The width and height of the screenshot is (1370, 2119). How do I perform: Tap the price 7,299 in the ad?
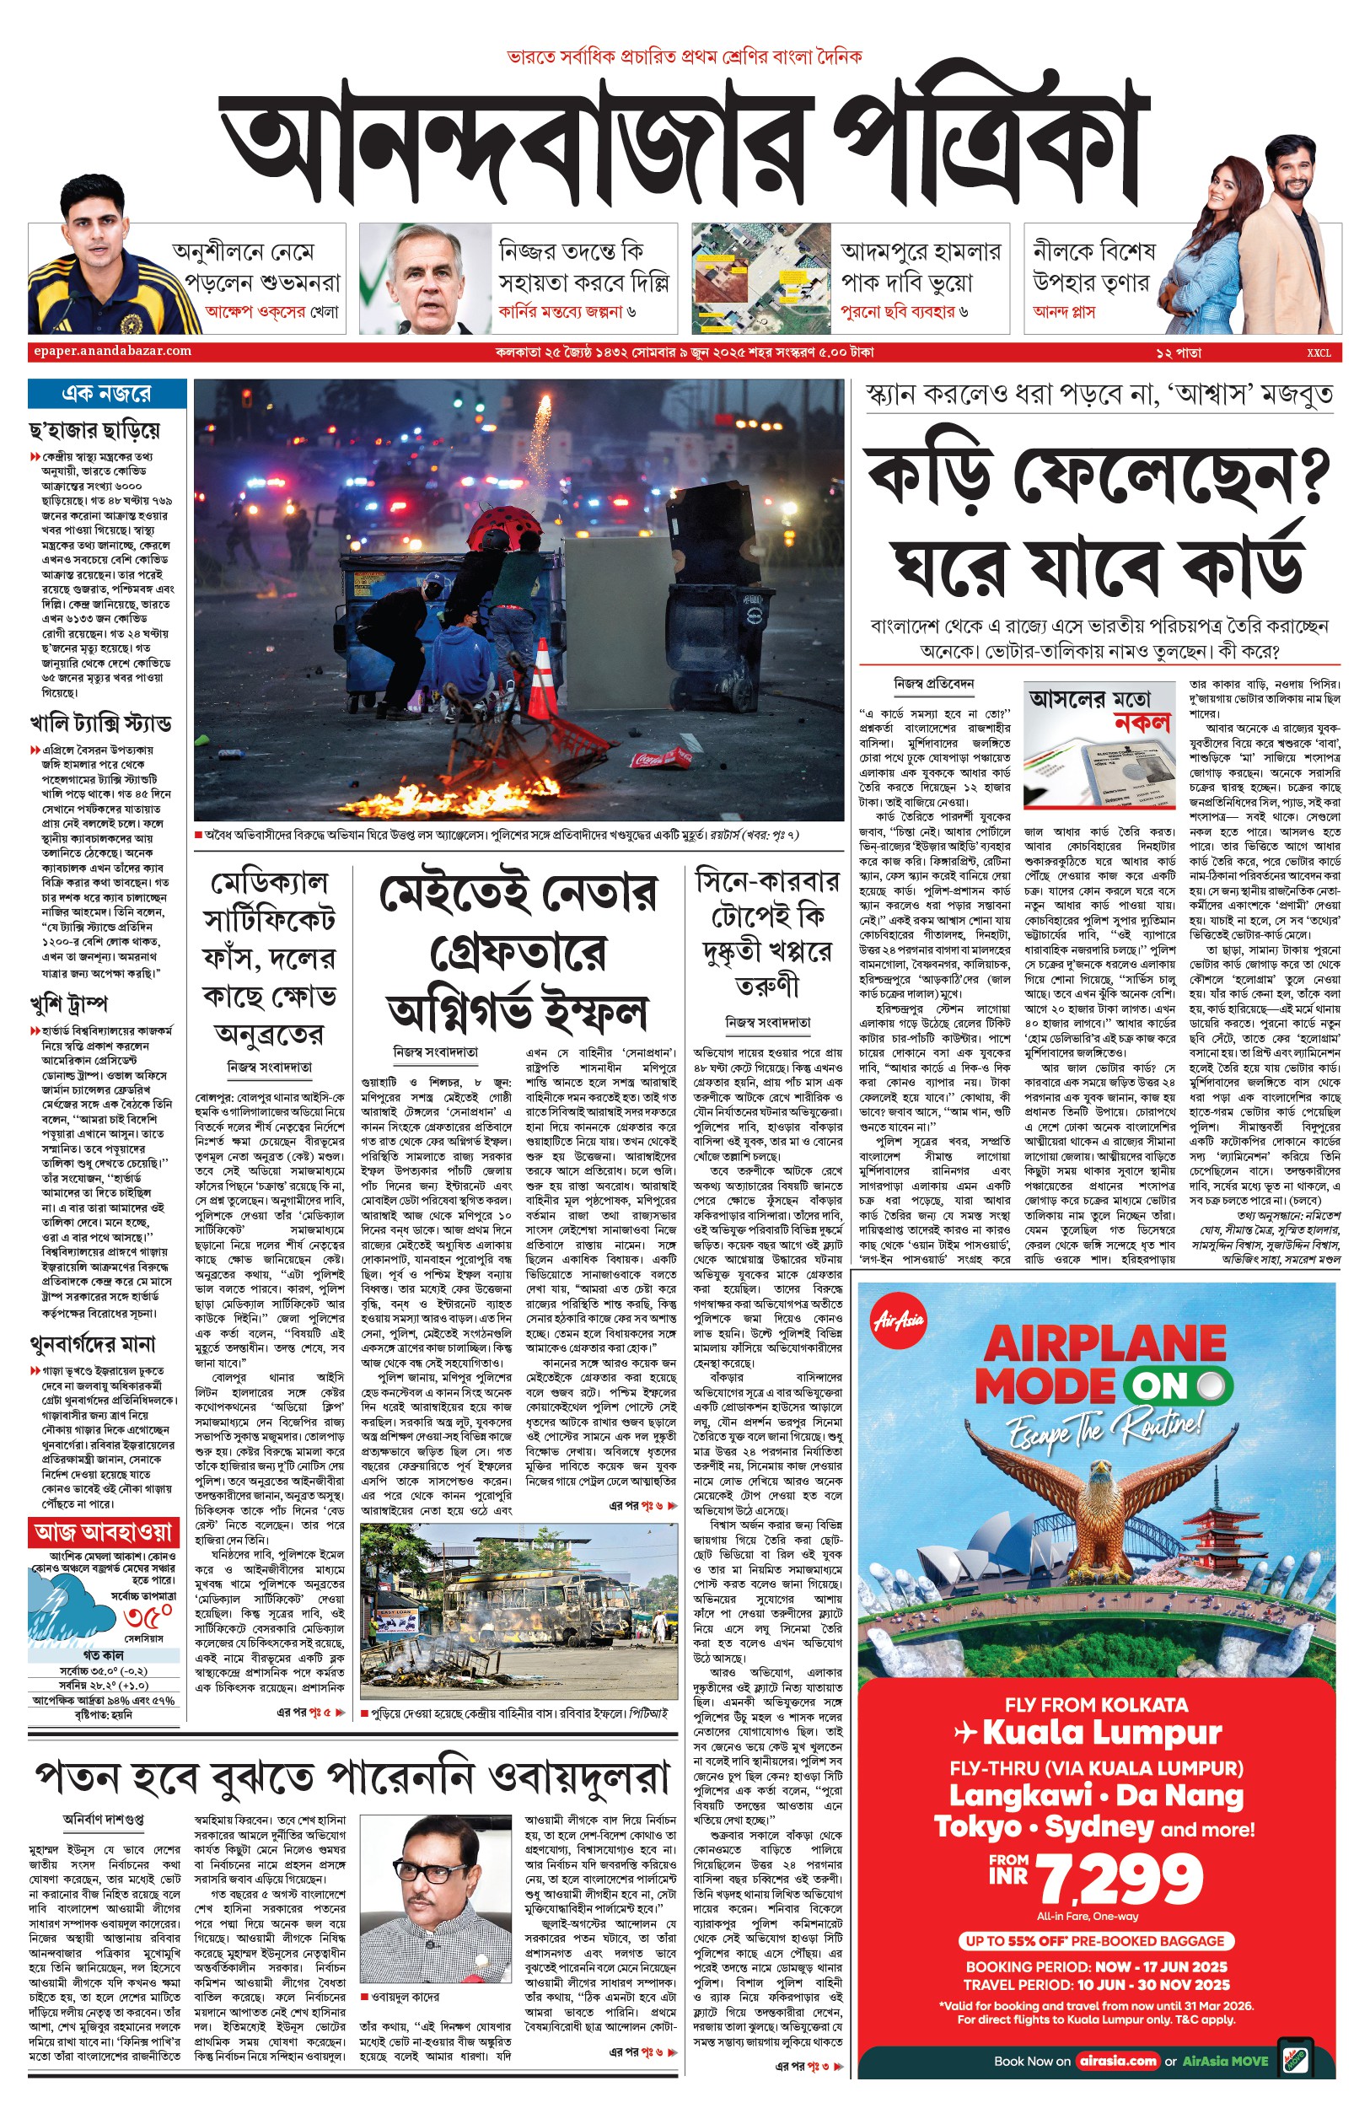coord(1121,1880)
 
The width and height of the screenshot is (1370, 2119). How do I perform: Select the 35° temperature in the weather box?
coord(148,1616)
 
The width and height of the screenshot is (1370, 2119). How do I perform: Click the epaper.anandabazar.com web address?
coord(112,352)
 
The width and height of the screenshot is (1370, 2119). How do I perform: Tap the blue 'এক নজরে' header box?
coord(107,393)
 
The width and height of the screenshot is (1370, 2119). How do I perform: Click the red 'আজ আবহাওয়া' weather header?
coord(103,1532)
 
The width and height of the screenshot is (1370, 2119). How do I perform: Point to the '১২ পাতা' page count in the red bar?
coord(1178,353)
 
